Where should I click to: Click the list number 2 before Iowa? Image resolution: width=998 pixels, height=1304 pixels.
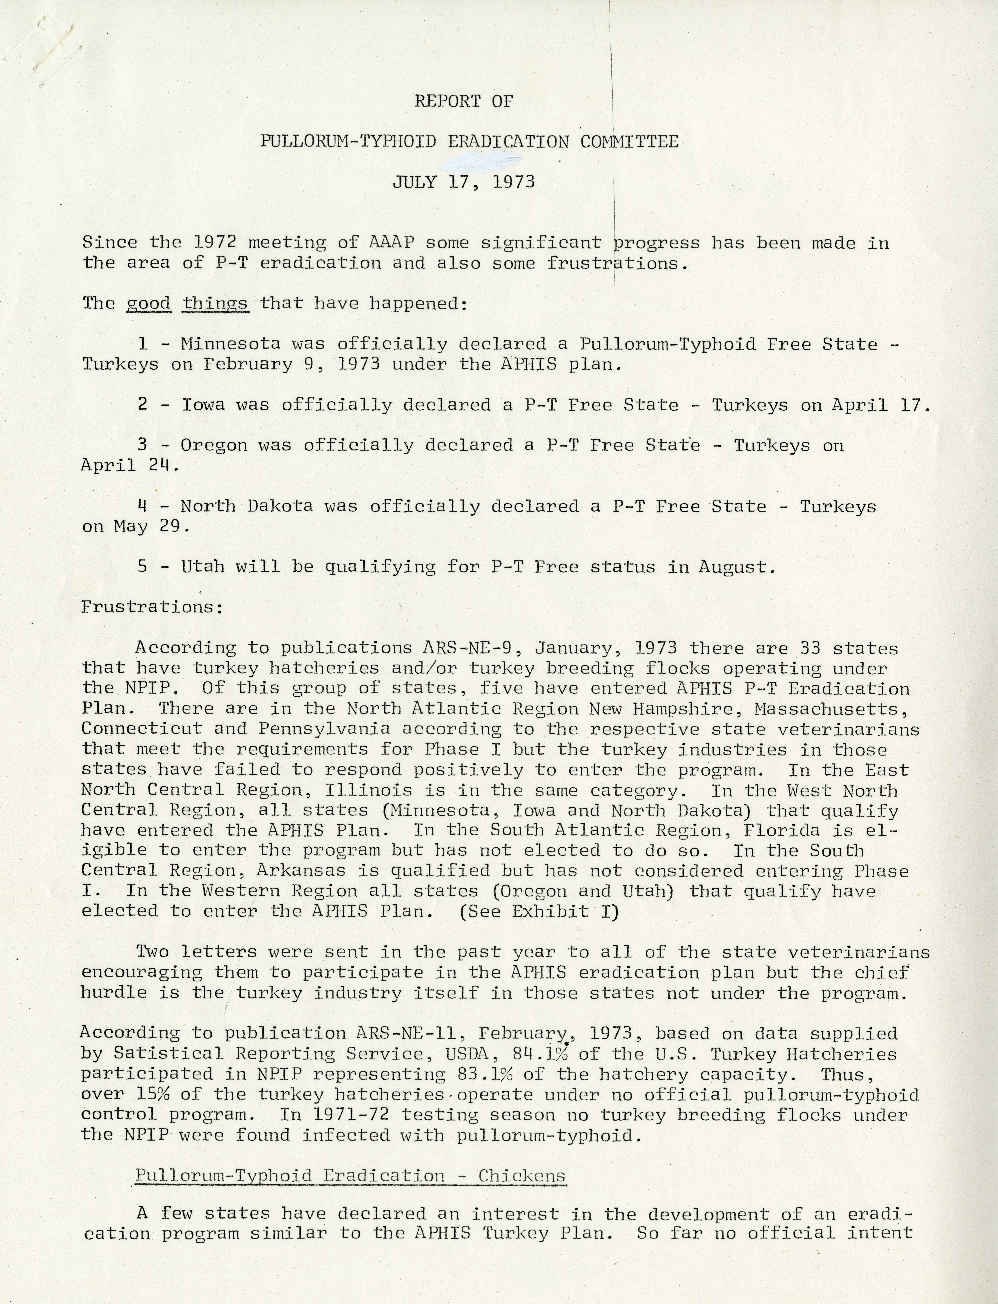[143, 405]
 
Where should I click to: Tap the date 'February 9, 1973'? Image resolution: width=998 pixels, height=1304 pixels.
[291, 364]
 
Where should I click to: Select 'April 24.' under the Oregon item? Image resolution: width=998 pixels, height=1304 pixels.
[129, 465]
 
